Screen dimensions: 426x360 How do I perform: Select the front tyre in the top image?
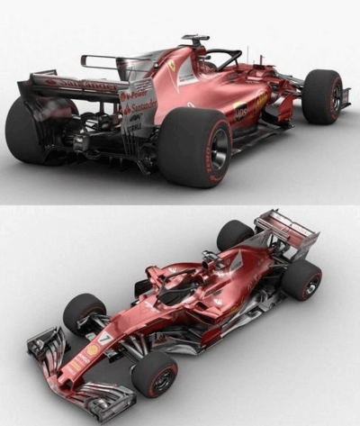tap(321, 96)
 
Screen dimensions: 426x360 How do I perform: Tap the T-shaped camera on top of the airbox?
tap(193, 40)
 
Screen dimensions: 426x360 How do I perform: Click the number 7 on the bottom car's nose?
tap(105, 338)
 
